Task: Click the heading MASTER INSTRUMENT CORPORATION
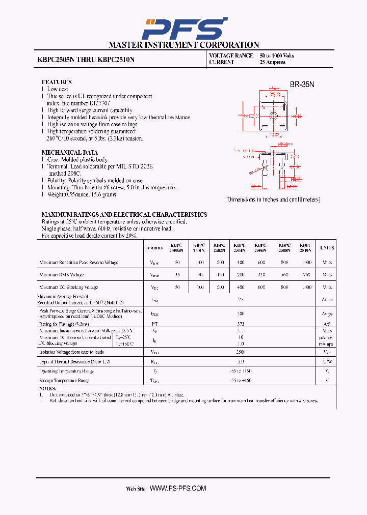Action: (x=183, y=45)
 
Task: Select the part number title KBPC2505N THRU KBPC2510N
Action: (x=86, y=59)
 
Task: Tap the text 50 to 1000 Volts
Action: (x=277, y=55)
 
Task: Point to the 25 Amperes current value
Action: (x=272, y=62)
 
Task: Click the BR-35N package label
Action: (x=302, y=84)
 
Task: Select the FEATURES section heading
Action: (x=56, y=82)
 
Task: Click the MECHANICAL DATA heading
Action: (x=69, y=152)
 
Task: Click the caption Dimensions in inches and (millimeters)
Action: (x=274, y=199)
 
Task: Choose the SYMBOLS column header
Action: (x=154, y=248)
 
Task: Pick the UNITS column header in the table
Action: (x=327, y=248)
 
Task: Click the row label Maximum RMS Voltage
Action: (x=61, y=275)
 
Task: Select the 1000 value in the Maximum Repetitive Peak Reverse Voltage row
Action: (x=306, y=263)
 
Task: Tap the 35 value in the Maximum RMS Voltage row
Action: (x=177, y=275)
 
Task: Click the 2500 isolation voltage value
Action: (x=241, y=352)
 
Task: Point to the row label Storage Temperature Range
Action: (x=64, y=380)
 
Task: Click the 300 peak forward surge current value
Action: (x=241, y=314)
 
